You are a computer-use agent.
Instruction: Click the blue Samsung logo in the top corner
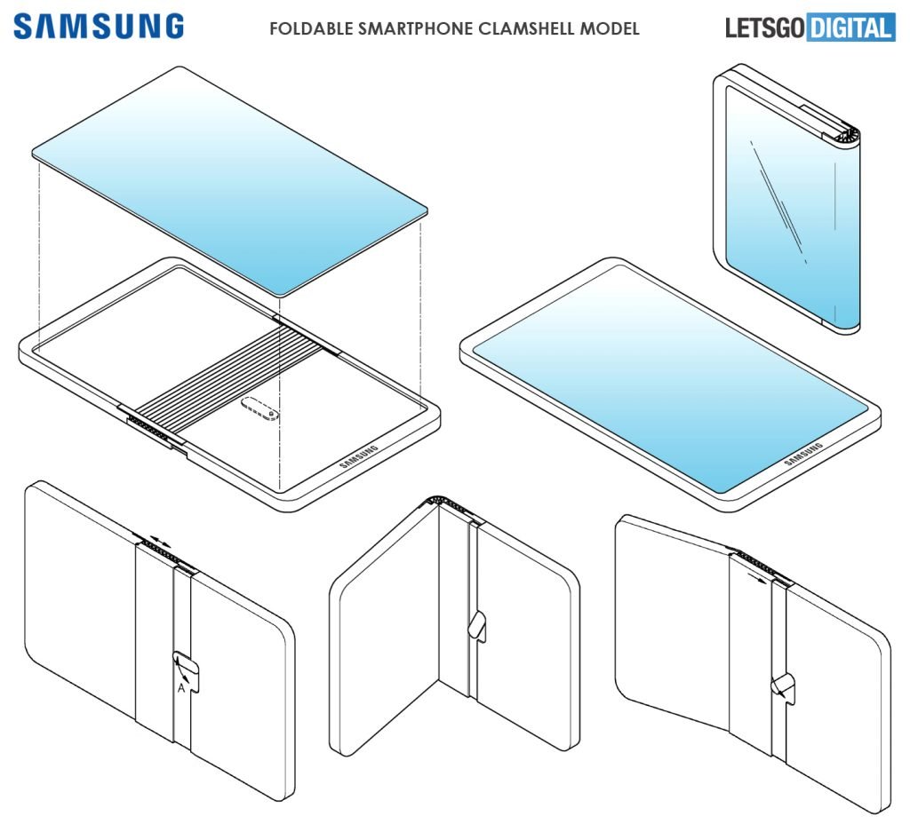click(98, 27)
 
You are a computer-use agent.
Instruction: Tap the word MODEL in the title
click(609, 28)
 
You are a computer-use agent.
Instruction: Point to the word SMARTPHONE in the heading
click(410, 28)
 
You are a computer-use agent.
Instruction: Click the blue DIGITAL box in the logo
click(850, 28)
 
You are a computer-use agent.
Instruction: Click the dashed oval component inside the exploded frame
click(259, 410)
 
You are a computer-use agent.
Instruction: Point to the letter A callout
click(181, 686)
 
